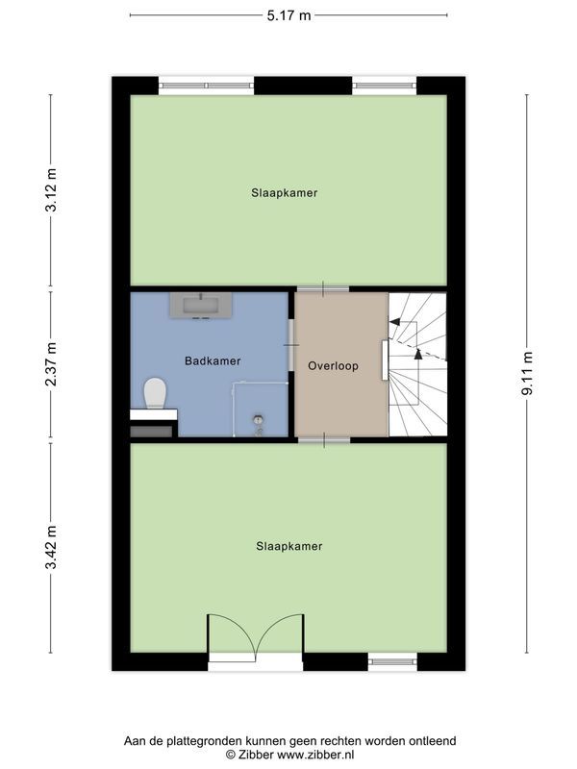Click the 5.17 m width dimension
[x=288, y=15]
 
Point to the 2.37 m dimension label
[x=52, y=365]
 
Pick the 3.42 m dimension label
[x=52, y=545]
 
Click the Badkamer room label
[x=213, y=360]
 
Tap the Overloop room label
[x=334, y=366]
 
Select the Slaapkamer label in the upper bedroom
[x=284, y=193]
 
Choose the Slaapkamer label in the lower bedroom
[x=288, y=546]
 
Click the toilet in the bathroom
[x=154, y=392]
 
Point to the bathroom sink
[x=200, y=306]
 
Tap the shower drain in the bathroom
[x=258, y=420]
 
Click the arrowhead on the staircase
[x=395, y=323]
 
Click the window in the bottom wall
[x=392, y=660]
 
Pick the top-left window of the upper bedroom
[x=207, y=86]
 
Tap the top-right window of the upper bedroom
[x=385, y=86]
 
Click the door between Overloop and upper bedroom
[x=323, y=287]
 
